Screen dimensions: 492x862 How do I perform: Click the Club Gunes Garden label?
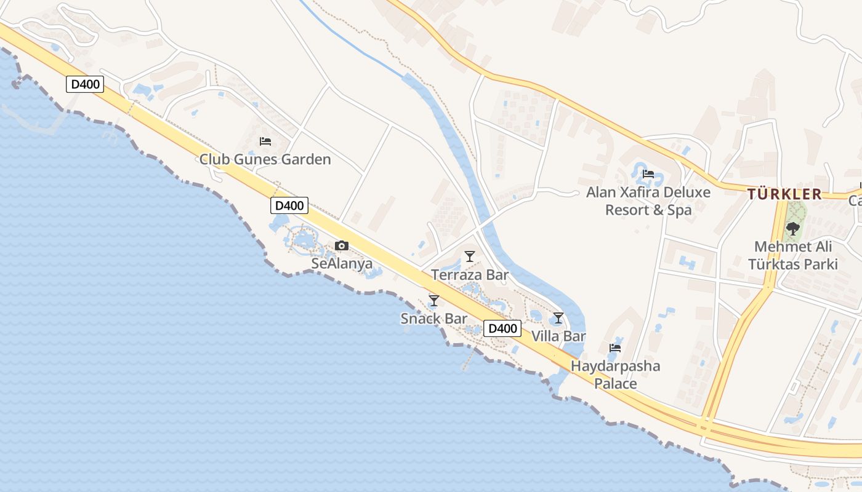[265, 159]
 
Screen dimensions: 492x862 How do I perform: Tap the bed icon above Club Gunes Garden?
[265, 141]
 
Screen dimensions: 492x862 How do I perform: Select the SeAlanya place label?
[342, 264]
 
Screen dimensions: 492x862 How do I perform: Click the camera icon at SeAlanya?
[342, 246]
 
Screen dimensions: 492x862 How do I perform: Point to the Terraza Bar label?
[470, 274]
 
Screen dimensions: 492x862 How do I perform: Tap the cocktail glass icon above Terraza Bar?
[470, 256]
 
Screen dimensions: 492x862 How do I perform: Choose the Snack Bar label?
[433, 319]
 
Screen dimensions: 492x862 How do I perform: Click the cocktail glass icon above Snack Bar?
[434, 300]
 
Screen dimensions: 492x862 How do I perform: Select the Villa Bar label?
[558, 336]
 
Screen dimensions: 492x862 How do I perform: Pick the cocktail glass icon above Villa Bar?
[558, 318]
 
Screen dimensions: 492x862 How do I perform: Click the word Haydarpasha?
[616, 367]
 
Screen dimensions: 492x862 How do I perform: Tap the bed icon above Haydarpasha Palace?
[614, 348]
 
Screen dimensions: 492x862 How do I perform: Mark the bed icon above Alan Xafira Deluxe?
[648, 174]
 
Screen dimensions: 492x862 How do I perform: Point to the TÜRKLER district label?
[784, 194]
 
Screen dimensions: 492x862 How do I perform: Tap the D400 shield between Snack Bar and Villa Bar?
[502, 328]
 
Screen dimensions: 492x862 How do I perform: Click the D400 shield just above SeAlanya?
[289, 205]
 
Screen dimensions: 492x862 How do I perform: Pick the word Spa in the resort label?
[680, 210]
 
